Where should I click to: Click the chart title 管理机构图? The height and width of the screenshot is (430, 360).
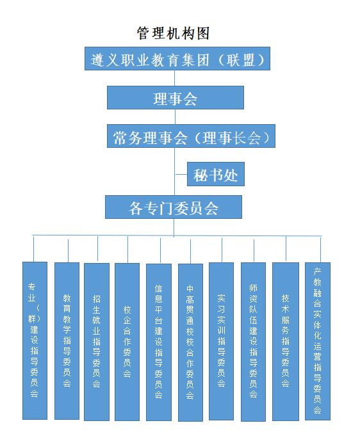[173, 33]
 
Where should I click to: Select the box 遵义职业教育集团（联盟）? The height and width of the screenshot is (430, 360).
[177, 58]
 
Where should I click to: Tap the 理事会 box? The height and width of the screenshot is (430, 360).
[176, 98]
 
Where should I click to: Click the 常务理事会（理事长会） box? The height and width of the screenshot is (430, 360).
[191, 136]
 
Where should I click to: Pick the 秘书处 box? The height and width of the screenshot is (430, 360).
[216, 174]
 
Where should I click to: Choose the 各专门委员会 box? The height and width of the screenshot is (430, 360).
[174, 207]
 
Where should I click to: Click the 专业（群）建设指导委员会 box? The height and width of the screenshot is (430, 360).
[35, 340]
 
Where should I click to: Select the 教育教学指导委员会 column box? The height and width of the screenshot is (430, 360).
[67, 341]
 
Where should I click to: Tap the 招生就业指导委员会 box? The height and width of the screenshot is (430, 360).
[97, 342]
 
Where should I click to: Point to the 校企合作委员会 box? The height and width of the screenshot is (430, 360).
[127, 342]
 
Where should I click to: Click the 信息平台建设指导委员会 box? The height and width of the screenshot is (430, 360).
[159, 342]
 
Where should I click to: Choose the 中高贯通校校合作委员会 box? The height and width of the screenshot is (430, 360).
[191, 342]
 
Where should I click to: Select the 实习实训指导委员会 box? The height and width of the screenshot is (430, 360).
[222, 342]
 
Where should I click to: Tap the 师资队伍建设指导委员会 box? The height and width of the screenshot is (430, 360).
[253, 342]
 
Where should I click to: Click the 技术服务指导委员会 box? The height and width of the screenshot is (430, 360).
[286, 342]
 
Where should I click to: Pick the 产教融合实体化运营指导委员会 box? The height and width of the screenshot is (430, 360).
[318, 341]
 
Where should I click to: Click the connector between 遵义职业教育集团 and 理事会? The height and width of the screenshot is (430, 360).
[175, 78]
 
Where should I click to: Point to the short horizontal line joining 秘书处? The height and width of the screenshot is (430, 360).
[181, 174]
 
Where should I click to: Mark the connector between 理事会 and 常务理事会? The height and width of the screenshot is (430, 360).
[175, 117]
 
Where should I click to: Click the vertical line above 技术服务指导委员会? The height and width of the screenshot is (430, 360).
[286, 249]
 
